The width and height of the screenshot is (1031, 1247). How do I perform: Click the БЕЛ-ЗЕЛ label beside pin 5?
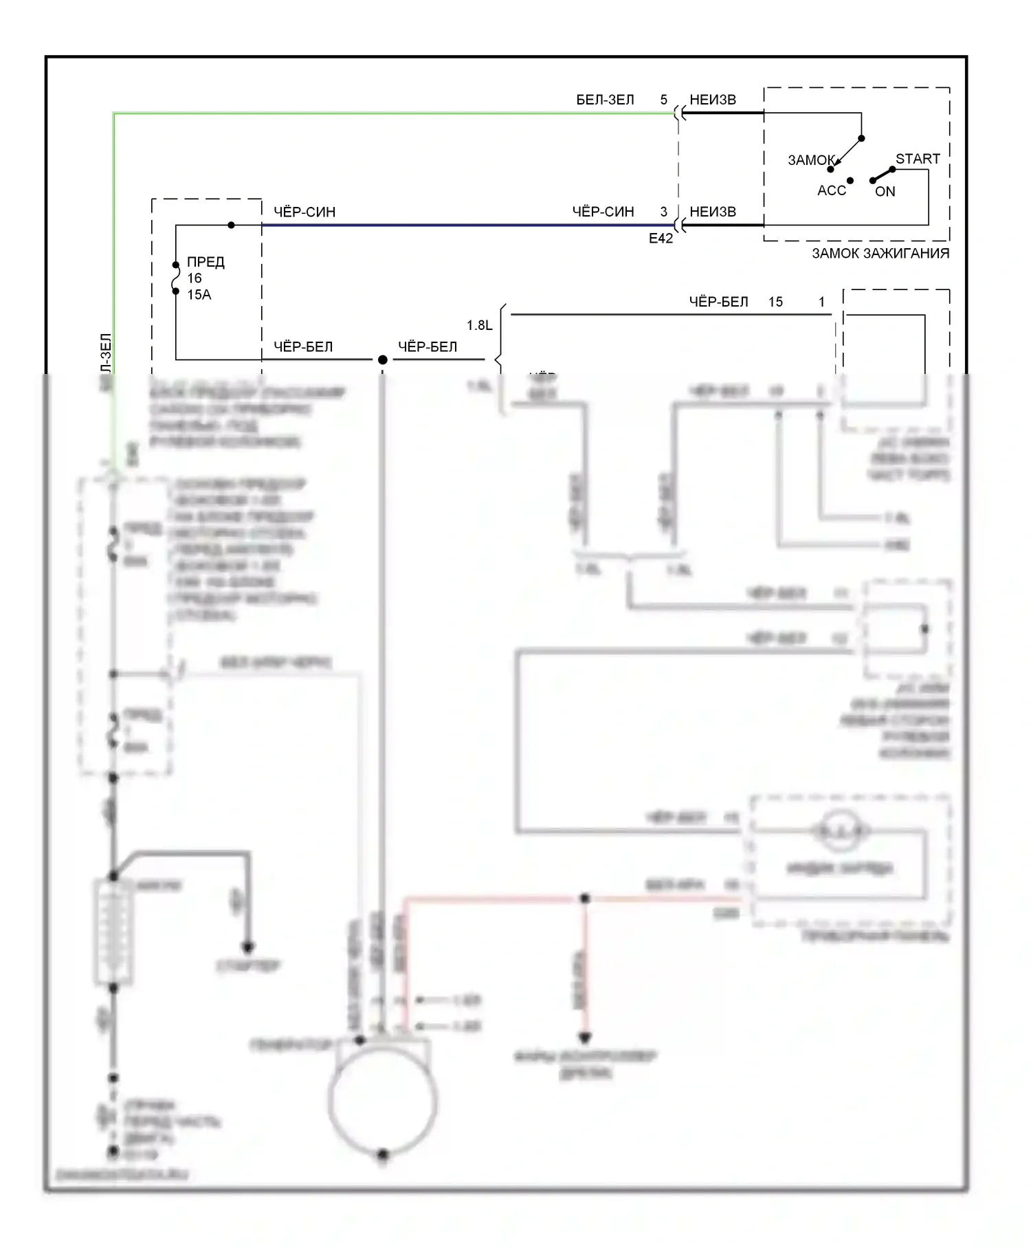(605, 100)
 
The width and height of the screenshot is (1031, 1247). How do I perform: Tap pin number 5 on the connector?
(663, 100)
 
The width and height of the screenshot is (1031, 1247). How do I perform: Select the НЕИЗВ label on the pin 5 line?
(713, 100)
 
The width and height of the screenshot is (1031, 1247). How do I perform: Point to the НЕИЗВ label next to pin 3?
(713, 212)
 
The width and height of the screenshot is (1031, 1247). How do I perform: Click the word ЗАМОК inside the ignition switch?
(811, 160)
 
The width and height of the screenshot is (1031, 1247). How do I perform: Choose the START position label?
(918, 159)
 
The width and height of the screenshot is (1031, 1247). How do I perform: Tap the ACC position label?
(832, 190)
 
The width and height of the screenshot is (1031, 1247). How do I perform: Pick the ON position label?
(885, 192)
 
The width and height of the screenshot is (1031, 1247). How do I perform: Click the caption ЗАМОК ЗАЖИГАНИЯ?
(880, 253)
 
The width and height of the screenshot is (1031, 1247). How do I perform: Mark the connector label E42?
(661, 239)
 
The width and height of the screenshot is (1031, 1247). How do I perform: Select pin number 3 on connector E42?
(663, 212)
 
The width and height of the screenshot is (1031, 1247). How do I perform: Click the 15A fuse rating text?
(199, 295)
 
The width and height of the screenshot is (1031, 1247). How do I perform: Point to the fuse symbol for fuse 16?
(176, 278)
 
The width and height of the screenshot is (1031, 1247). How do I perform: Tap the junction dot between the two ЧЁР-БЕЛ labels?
(383, 360)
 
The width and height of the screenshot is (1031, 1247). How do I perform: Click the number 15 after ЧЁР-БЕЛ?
(775, 302)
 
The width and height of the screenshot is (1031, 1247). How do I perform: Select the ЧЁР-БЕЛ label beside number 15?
(718, 302)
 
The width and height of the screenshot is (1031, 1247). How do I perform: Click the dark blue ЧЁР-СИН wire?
(467, 225)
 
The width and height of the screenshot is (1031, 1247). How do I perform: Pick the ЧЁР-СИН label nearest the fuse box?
(304, 212)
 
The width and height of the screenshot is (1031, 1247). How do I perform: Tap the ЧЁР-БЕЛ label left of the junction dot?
(303, 346)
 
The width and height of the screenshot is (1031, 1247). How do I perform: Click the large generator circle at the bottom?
(383, 1100)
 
